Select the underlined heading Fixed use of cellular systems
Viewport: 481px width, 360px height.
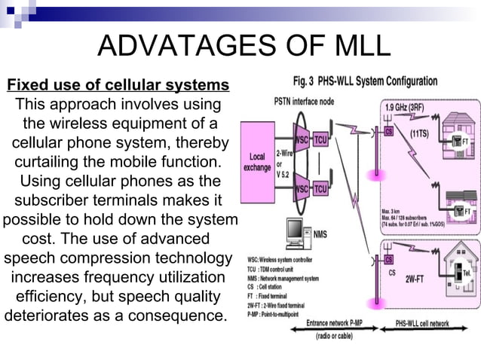(118, 84)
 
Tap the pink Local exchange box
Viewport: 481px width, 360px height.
(257, 162)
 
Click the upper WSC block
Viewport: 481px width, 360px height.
(302, 140)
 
